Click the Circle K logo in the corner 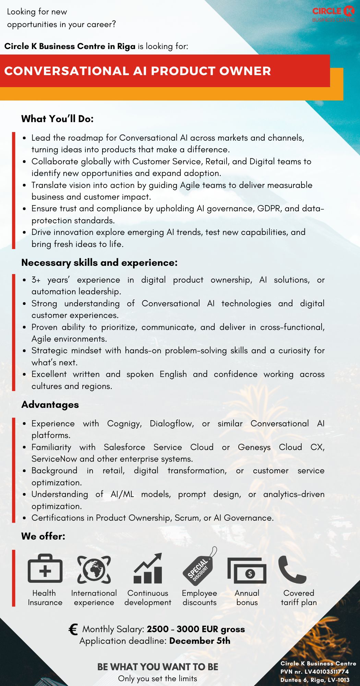(333, 14)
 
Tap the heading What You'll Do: (57, 119)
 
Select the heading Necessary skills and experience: (99, 263)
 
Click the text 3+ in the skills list (36, 280)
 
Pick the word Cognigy (124, 424)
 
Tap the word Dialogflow (171, 424)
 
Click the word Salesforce (124, 447)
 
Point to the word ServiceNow (54, 459)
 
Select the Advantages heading (50, 405)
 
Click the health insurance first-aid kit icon (45, 569)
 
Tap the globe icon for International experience (94, 569)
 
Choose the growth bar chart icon (148, 569)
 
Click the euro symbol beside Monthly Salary (73, 629)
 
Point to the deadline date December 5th (200, 641)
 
